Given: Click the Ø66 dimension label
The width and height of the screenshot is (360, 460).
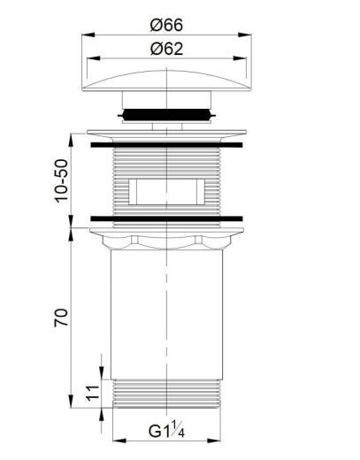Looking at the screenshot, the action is tap(166, 25).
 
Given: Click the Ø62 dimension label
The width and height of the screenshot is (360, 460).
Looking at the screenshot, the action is tap(166, 49).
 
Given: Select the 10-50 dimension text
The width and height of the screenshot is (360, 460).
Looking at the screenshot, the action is tap(62, 180).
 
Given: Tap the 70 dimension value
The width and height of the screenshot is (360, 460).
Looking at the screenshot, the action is tap(61, 318).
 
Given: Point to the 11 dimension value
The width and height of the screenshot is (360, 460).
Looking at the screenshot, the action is tap(93, 393).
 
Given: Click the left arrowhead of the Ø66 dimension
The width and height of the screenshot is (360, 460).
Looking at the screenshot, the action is tap(88, 34).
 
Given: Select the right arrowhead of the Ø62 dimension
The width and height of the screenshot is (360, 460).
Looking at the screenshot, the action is tap(240, 58).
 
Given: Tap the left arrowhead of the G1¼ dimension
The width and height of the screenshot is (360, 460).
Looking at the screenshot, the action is tap(119, 441).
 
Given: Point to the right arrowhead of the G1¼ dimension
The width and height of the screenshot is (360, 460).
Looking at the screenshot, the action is tap(214, 441).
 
